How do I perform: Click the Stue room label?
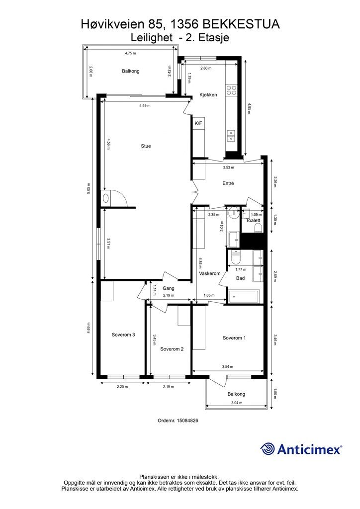point(146,146)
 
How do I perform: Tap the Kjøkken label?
point(208,95)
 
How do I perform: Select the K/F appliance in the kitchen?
point(198,123)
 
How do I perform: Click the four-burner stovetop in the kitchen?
point(232,90)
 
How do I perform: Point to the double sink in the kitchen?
point(231,136)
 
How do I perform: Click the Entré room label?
point(228,183)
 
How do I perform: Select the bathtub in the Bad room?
point(244,296)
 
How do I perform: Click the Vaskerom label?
point(210,273)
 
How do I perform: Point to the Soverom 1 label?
point(234,338)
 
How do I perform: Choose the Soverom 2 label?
point(172,349)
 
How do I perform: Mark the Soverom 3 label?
point(123,335)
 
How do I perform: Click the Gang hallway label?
point(169,288)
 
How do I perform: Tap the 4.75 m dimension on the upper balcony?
point(130,53)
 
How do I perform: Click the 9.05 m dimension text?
point(88,188)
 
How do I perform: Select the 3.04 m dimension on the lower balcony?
point(237,403)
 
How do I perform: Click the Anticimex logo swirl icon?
point(267,449)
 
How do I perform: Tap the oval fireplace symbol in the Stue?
point(106,198)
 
